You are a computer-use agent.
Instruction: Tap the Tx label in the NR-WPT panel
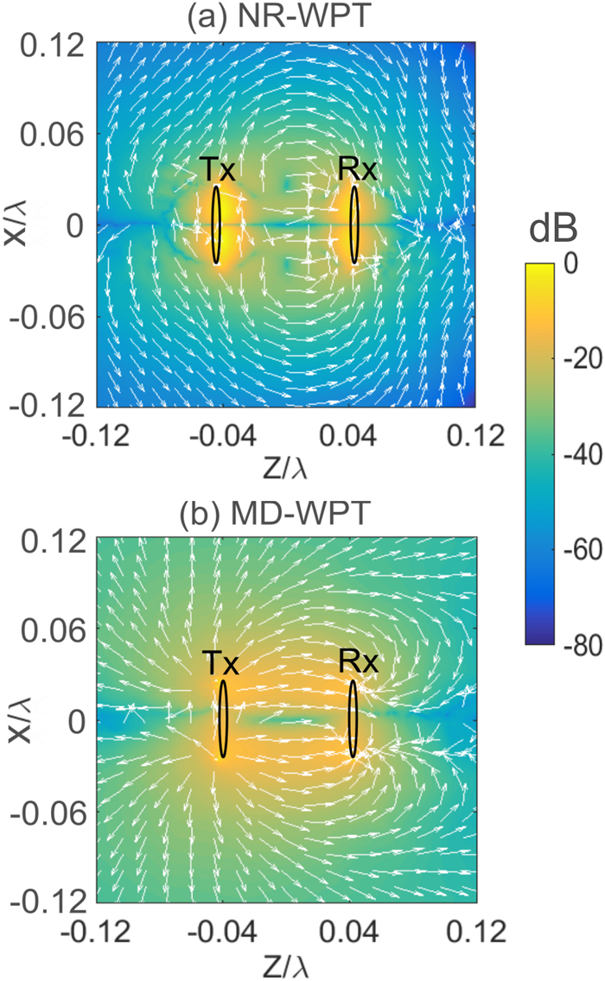(x=220, y=170)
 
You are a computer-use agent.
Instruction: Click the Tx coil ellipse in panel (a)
(x=217, y=225)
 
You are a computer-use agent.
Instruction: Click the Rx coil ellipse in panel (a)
(x=353, y=225)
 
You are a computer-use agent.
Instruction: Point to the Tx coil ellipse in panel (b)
(x=222, y=719)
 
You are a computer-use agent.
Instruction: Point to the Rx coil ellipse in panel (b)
(x=353, y=719)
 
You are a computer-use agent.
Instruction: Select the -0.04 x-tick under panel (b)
(x=221, y=932)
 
